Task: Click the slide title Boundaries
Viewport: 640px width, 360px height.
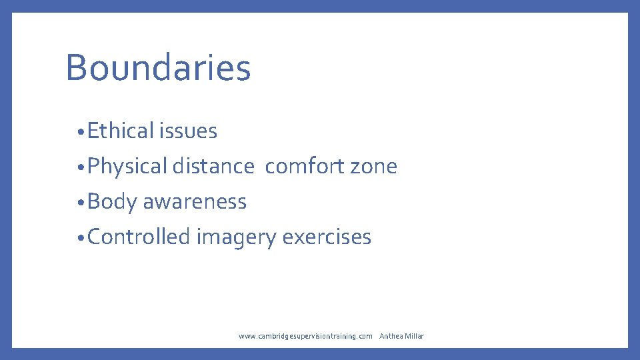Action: tap(158, 67)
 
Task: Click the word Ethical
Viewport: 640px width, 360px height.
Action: tap(120, 131)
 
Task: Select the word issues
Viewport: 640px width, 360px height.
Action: tap(188, 131)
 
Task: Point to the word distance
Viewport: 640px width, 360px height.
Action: tap(213, 167)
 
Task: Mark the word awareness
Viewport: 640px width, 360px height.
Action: tap(195, 202)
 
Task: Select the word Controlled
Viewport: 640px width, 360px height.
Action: tap(139, 237)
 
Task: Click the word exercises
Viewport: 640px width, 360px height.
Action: tap(327, 237)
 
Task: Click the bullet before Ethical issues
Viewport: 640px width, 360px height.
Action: tap(79, 133)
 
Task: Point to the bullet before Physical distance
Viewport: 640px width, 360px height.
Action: tap(79, 168)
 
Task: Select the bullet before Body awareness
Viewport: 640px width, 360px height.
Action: tap(79, 203)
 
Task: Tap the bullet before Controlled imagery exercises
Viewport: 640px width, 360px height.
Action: tap(79, 239)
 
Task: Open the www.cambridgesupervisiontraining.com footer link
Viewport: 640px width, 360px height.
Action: tap(305, 336)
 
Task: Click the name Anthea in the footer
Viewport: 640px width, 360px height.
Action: tap(391, 336)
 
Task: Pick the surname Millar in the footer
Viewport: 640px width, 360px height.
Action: tap(415, 336)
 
